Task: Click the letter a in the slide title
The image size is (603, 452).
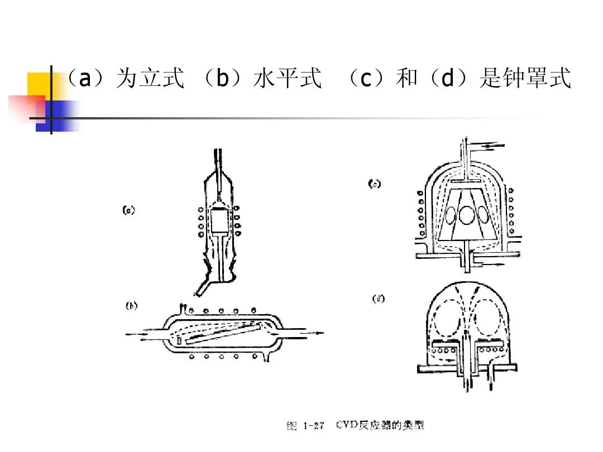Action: pos(84,79)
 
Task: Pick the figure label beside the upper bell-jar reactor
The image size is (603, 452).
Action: pos(374,184)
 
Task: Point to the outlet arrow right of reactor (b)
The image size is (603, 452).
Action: pos(310,334)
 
